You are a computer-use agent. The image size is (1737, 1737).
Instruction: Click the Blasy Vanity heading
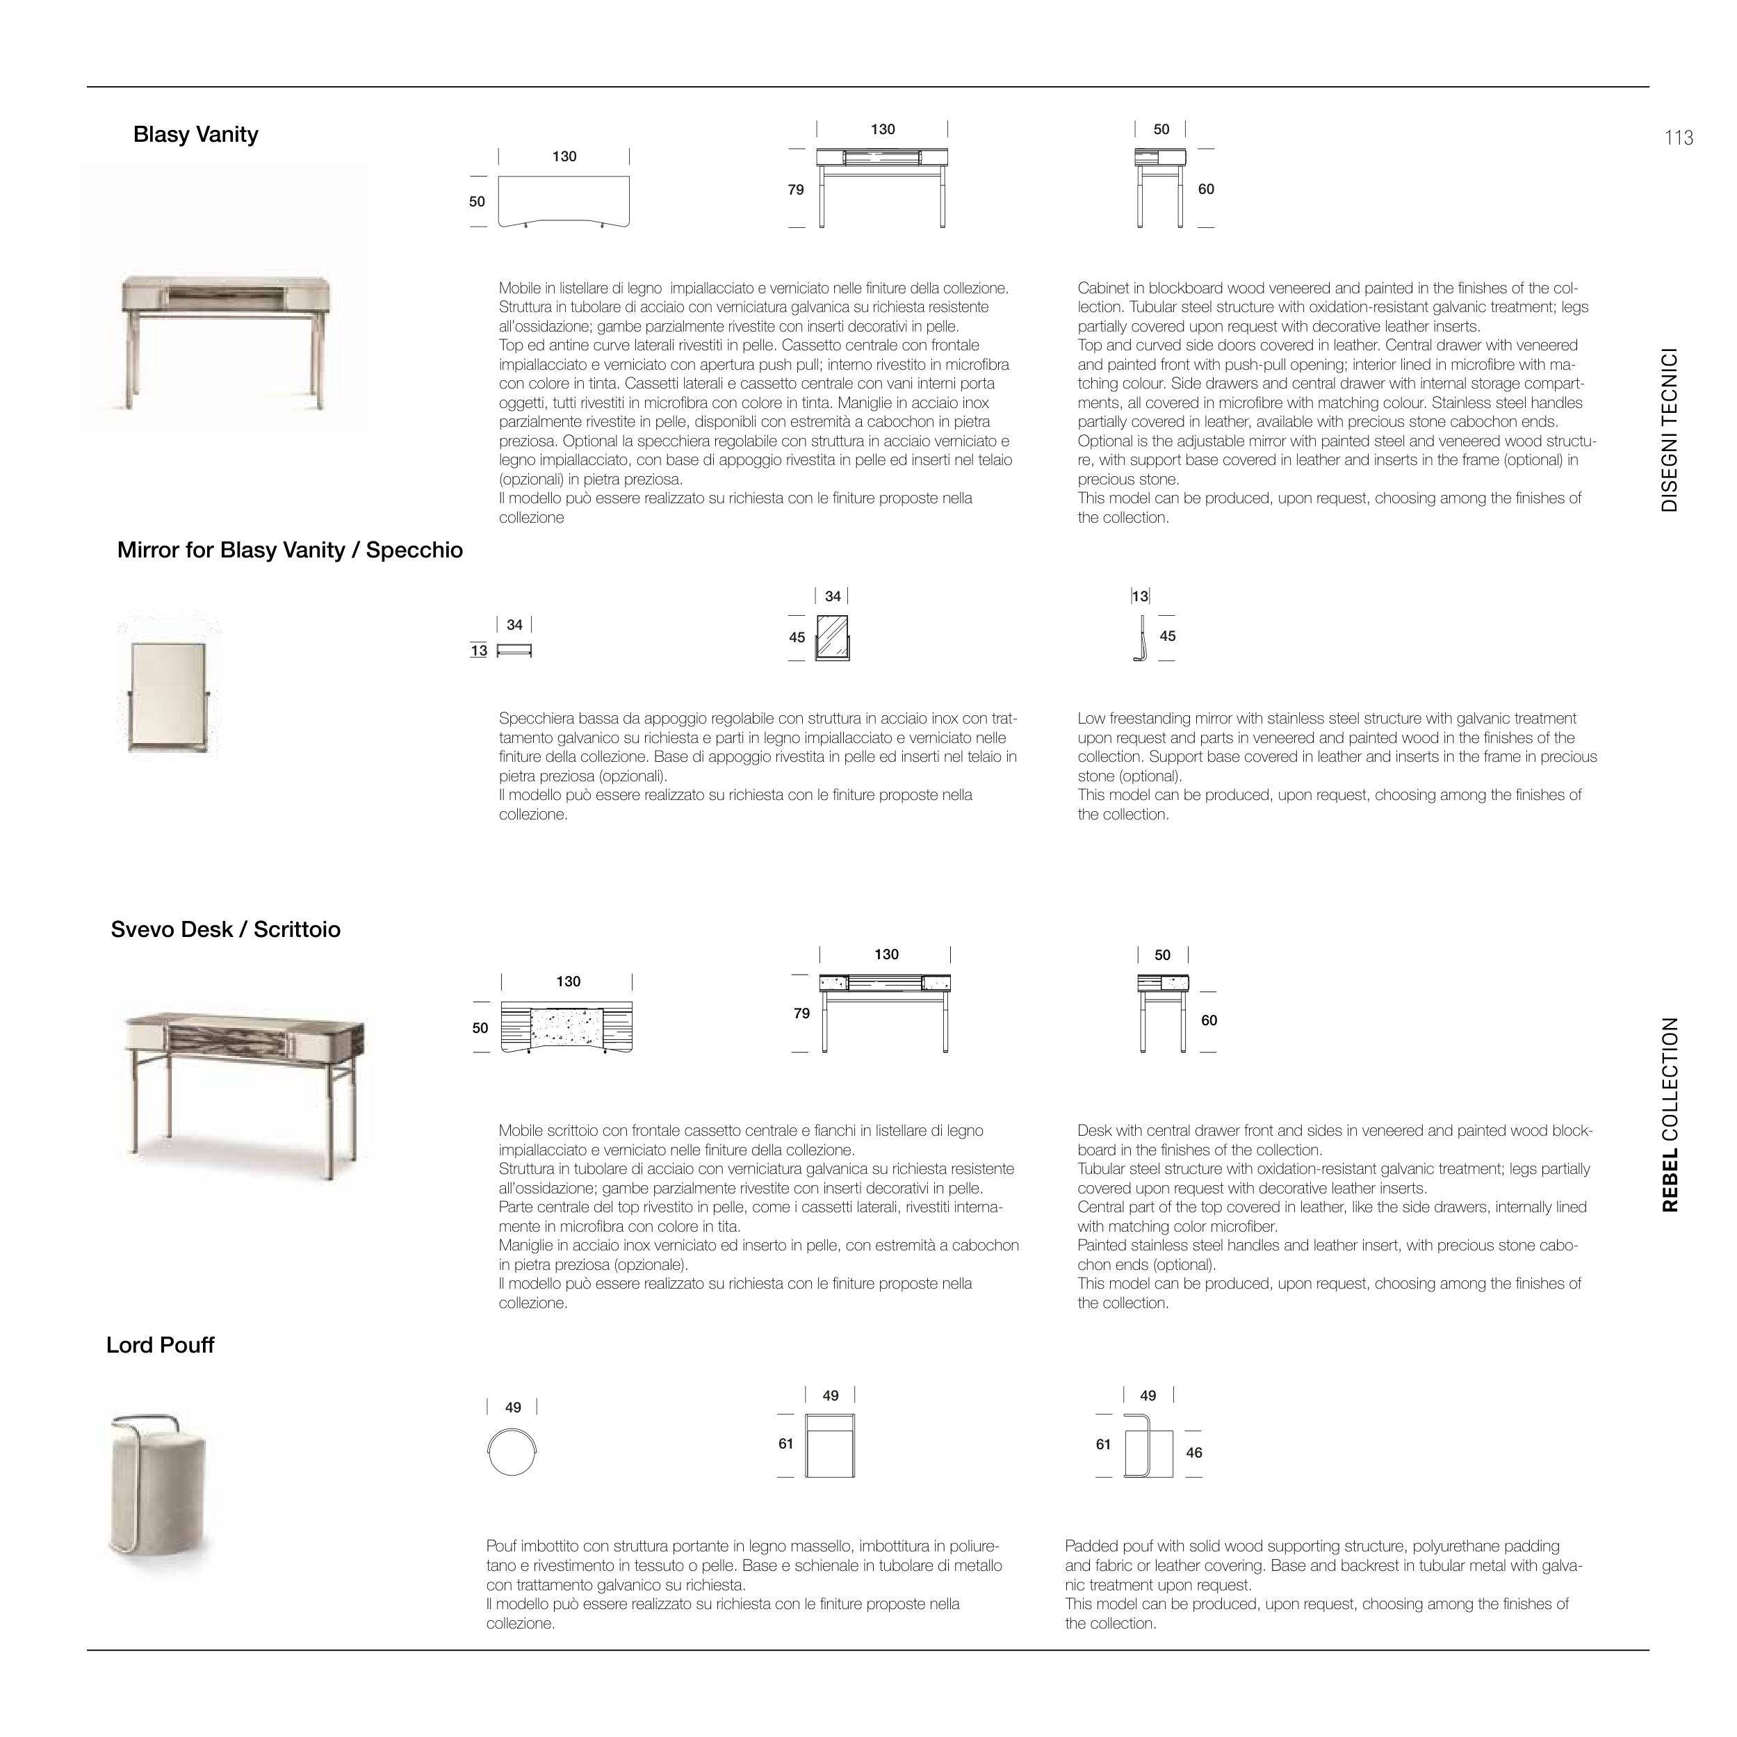tap(195, 135)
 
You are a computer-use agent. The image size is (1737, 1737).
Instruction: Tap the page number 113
tap(1678, 138)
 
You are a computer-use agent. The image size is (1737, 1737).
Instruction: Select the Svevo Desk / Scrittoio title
tap(226, 929)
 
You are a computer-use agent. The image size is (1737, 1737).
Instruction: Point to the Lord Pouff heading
tap(160, 1345)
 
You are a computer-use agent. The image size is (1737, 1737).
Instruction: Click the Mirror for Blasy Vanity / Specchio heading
tap(289, 551)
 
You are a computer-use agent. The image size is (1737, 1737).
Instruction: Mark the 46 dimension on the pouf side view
tap(1194, 1453)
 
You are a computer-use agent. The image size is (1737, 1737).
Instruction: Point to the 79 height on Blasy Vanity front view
tap(796, 190)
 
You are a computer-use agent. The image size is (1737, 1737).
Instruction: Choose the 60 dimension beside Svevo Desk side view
tap(1209, 1020)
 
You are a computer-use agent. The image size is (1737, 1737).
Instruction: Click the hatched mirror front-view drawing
tap(831, 637)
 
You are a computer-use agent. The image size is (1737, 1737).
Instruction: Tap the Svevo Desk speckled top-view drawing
tap(567, 1027)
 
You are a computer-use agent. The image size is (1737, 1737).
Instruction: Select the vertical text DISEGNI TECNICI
tap(1670, 430)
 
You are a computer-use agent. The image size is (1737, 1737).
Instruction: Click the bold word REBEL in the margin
tap(1670, 1180)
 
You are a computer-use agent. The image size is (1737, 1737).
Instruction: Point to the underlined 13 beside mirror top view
tap(478, 651)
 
